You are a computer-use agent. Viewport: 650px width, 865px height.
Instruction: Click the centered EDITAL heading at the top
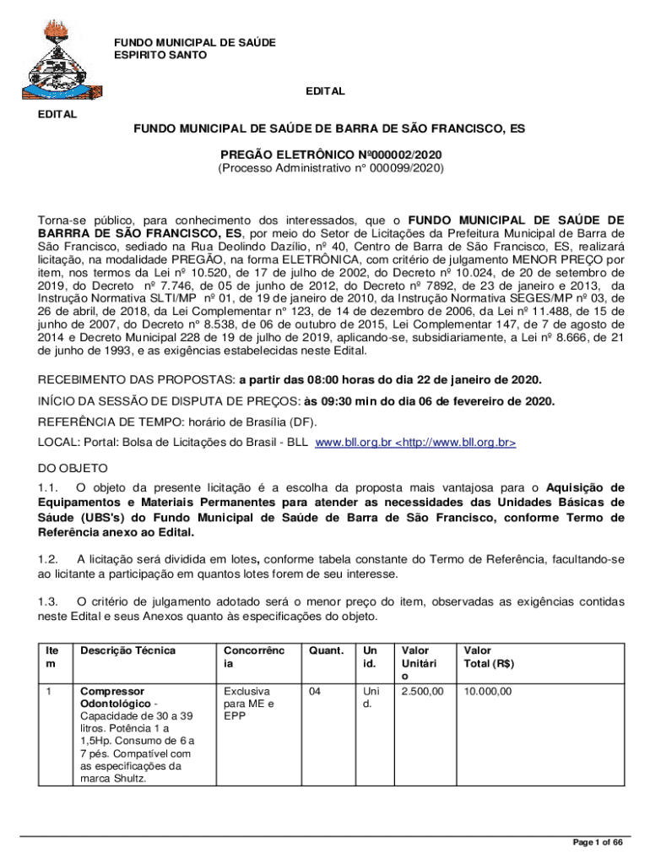pyautogui.click(x=324, y=91)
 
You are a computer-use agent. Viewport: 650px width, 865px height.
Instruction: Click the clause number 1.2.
pyautogui.click(x=47, y=558)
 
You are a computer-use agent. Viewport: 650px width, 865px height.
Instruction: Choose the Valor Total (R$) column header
pyautogui.click(x=490, y=657)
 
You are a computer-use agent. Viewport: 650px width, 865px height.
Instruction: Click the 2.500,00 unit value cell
pyautogui.click(x=422, y=691)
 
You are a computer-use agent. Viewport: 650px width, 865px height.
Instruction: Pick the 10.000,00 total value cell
pyautogui.click(x=488, y=691)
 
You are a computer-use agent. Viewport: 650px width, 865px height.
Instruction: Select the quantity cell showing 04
pyautogui.click(x=315, y=691)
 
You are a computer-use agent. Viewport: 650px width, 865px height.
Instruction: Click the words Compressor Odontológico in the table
pyautogui.click(x=106, y=697)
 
